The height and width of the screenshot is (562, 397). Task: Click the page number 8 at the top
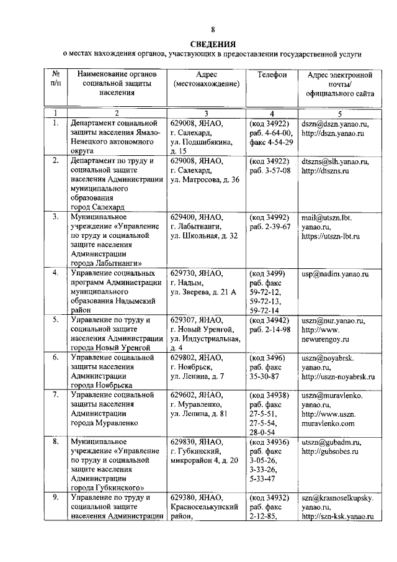pyautogui.click(x=213, y=29)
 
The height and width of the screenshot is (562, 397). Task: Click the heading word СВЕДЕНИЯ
pyautogui.click(x=213, y=44)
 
